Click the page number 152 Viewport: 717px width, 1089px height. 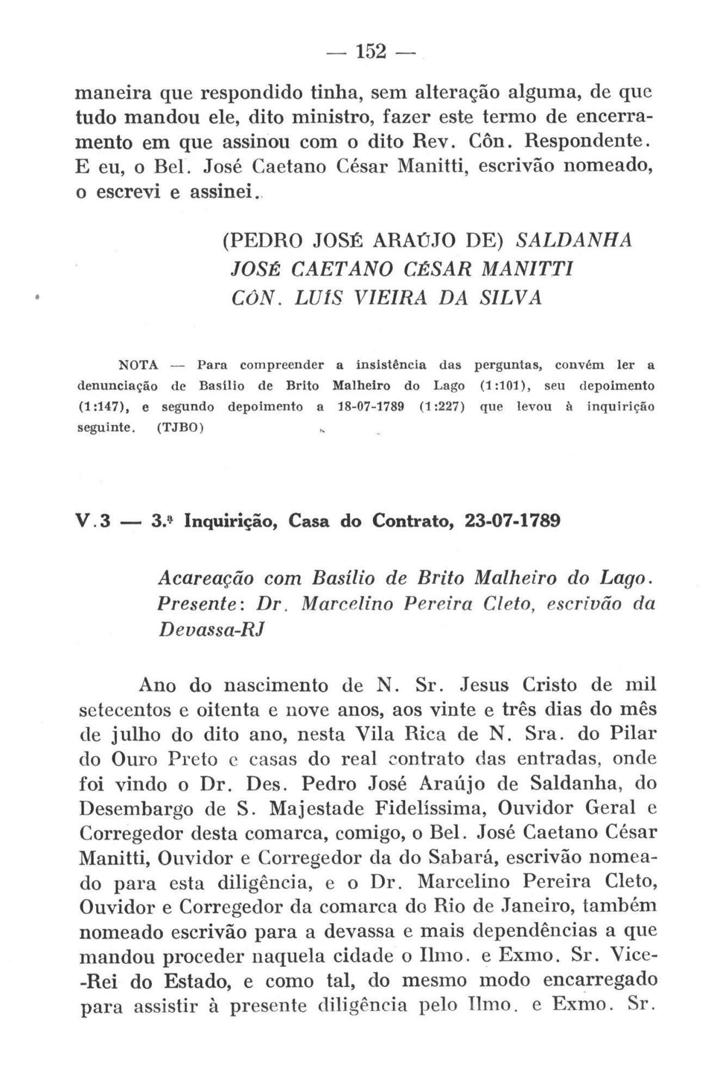click(x=371, y=52)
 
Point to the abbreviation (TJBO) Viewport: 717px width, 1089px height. click(x=180, y=428)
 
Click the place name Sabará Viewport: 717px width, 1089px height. click(x=462, y=858)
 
